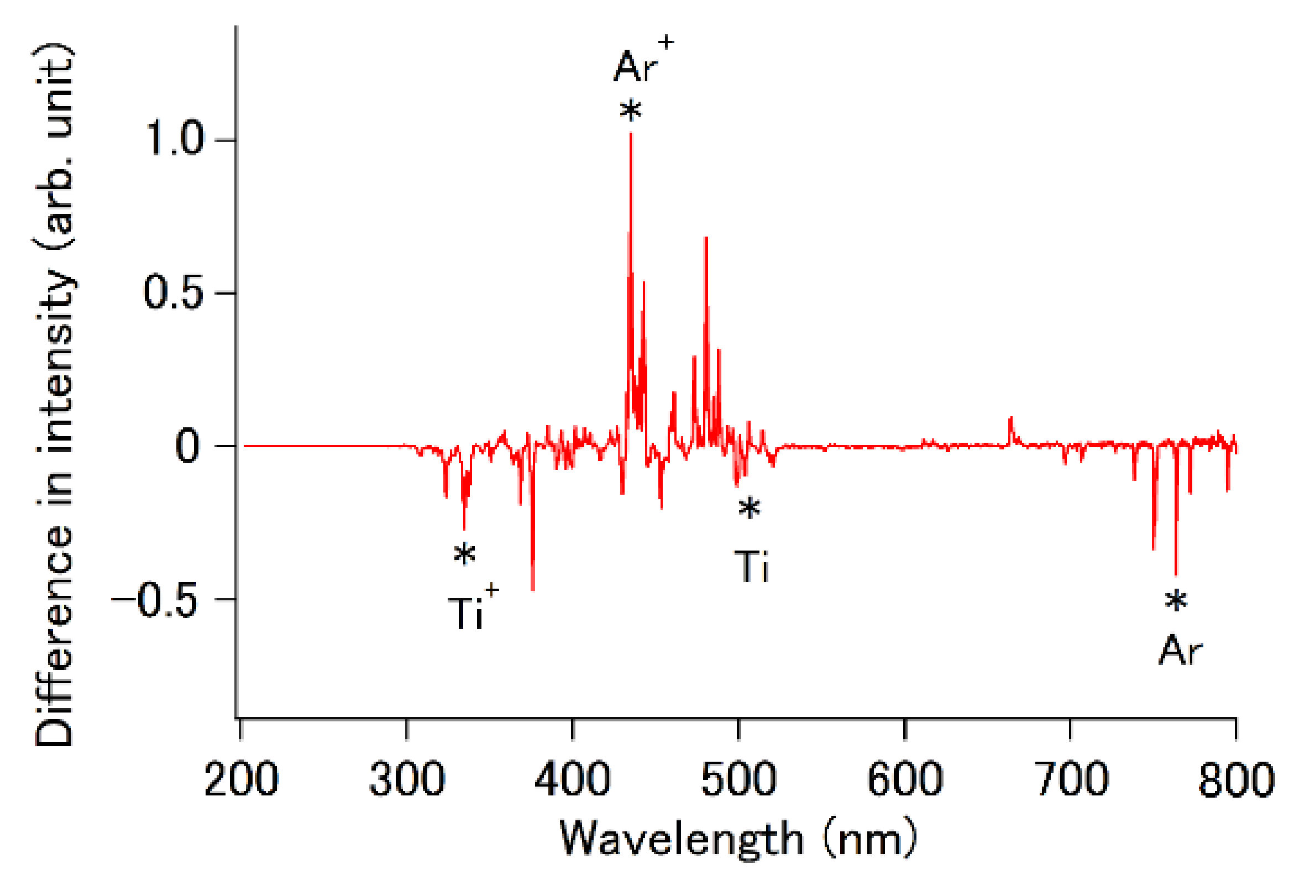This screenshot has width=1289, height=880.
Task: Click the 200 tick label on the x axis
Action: [x=241, y=779]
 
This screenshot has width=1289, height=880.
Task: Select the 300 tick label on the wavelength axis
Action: [x=407, y=779]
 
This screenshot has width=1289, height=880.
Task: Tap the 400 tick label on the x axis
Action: [x=573, y=779]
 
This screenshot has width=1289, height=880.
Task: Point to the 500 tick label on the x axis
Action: [x=738, y=779]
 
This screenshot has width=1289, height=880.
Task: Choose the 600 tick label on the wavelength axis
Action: [x=905, y=779]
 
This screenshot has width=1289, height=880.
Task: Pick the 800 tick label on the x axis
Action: [x=1236, y=779]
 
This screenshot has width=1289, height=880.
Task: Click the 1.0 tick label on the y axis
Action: [x=174, y=139]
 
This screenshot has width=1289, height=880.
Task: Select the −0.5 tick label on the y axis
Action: [x=154, y=600]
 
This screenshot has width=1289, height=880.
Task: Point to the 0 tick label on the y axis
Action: [x=187, y=446]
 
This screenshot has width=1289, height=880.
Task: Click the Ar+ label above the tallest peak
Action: [x=642, y=62]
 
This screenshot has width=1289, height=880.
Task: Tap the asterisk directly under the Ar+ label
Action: [x=631, y=111]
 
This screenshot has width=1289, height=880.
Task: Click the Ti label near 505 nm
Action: [x=752, y=567]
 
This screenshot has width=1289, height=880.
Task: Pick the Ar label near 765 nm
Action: [x=1180, y=651]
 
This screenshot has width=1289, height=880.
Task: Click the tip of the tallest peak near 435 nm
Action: [x=631, y=135]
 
